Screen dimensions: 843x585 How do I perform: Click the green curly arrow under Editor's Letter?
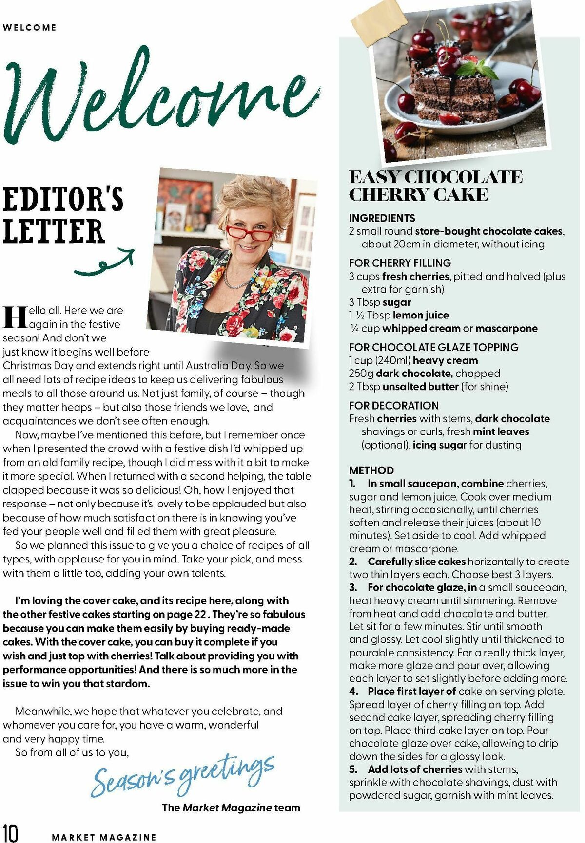105,263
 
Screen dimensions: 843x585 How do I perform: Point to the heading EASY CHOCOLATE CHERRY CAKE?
435,186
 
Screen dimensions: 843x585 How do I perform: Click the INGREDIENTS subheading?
382,218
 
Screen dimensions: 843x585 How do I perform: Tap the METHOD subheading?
371,470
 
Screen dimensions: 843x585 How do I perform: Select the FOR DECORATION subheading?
393,406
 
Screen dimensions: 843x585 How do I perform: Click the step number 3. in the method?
353,588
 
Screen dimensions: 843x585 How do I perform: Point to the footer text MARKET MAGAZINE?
104,837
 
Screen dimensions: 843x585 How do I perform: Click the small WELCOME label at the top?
29,28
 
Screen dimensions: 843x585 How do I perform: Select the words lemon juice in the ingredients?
421,316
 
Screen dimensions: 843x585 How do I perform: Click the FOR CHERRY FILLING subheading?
400,263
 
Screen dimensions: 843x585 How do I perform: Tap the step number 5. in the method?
353,769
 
